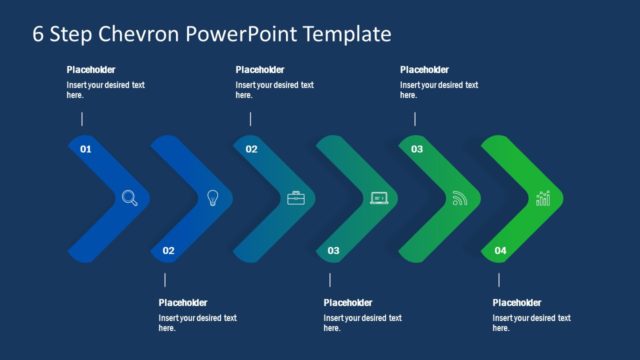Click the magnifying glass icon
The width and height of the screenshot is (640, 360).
pos(130,197)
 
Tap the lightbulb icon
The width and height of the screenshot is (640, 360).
pos(212,197)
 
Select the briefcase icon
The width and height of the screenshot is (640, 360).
pos(295,198)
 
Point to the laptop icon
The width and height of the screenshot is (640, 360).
pos(378,198)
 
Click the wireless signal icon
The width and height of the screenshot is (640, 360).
pos(460,198)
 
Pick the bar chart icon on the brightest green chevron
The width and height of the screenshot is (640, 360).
pos(543,198)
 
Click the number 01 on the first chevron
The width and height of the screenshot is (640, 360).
pos(85,149)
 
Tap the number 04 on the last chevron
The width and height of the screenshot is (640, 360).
pos(500,250)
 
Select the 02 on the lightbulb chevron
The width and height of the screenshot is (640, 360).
pos(168,250)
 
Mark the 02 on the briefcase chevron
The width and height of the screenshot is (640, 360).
pos(251,149)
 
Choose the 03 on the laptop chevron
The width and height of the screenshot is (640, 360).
pos(334,250)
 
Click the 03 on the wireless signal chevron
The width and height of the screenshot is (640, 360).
pos(417,149)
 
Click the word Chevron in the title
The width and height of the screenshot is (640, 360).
pos(132,35)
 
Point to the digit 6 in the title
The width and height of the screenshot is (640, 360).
pos(38,35)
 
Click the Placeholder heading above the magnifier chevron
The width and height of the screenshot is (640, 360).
pos(92,70)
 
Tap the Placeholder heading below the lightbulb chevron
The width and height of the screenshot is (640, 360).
pos(183,303)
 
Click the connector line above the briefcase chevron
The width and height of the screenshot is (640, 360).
pos(250,119)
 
